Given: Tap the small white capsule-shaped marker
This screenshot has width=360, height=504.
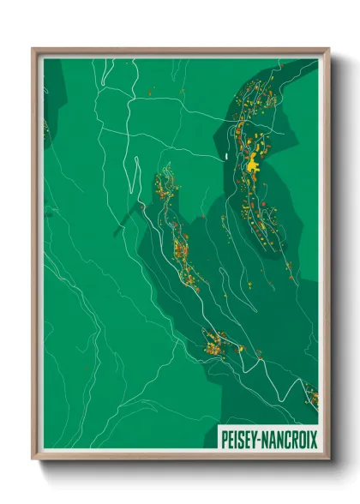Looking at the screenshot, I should pos(222,157).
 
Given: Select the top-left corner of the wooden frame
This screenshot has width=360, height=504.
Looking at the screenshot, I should pos(33,49).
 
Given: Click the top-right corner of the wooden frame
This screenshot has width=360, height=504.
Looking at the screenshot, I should pos(328,49).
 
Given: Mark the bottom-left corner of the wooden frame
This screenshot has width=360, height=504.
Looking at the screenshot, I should pos(33,459).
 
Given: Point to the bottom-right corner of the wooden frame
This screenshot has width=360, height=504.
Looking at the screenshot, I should pos(328,459).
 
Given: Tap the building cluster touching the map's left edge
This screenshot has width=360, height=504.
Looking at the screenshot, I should pos(45,129).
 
